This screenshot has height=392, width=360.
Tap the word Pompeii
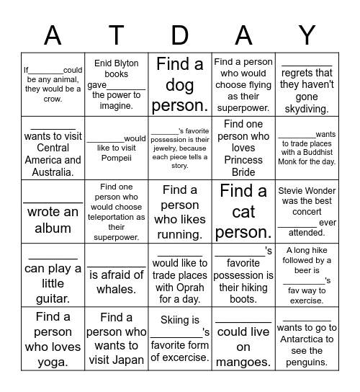[x=115, y=159]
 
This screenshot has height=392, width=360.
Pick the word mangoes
[x=243, y=362]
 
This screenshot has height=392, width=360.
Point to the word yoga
[x=53, y=362]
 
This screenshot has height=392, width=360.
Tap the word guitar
[x=53, y=298]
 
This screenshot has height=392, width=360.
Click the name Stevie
[x=294, y=191]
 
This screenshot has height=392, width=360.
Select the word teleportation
[x=115, y=217]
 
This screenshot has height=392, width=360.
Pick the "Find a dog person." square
[x=180, y=85]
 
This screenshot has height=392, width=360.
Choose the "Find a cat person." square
[x=243, y=211]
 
